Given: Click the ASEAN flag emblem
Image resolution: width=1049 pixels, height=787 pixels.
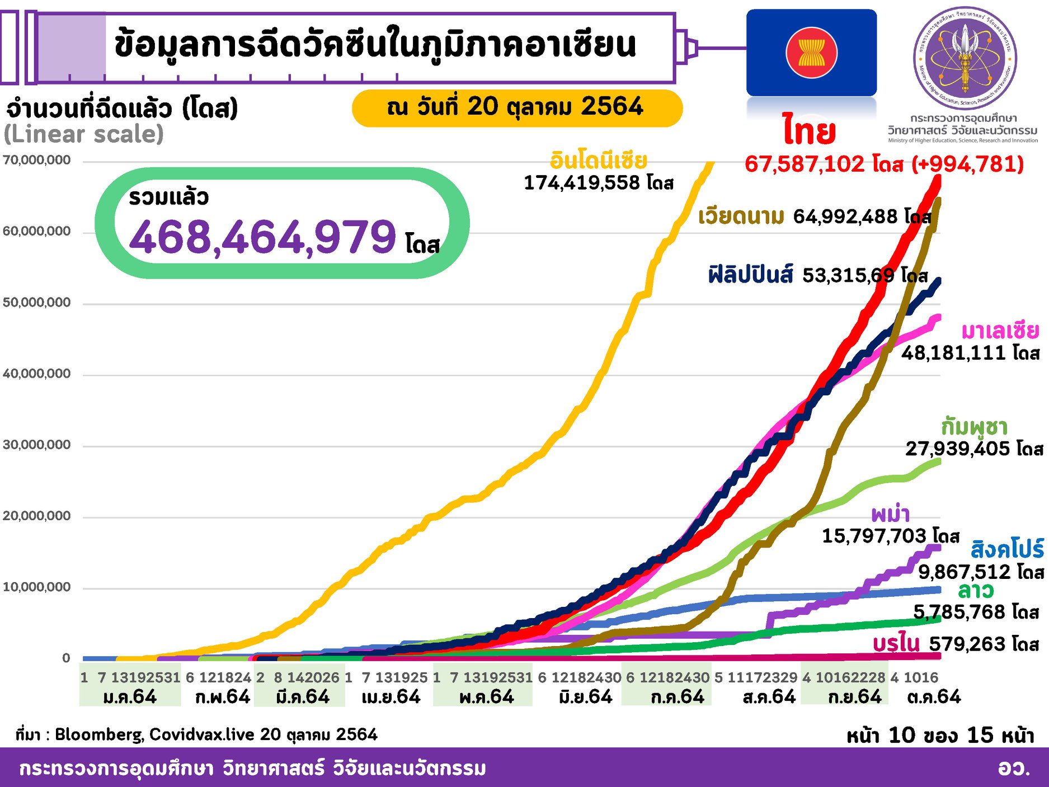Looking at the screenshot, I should click(811, 53).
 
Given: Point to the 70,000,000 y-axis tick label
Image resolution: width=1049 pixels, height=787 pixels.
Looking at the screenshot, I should click(37, 161).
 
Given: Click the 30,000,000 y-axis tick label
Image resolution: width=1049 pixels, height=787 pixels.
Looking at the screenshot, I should click(37, 445).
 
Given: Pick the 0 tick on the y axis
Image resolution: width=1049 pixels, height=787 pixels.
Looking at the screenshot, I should click(66, 658).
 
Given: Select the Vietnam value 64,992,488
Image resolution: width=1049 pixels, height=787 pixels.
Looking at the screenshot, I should click(845, 216).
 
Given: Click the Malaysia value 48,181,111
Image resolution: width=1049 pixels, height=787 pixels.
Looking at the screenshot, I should click(954, 353).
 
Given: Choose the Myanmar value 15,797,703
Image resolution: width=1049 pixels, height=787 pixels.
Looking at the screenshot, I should click(874, 536).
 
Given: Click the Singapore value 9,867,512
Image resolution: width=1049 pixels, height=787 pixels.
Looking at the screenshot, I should click(965, 572).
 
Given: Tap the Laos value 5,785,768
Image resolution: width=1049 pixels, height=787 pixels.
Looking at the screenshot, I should click(959, 612).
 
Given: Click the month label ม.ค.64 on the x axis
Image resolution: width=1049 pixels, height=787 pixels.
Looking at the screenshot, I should click(130, 697).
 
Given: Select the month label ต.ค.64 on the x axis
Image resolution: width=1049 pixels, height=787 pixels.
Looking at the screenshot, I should click(934, 697).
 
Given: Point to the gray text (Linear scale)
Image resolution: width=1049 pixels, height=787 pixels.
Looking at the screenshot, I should click(84, 134).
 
